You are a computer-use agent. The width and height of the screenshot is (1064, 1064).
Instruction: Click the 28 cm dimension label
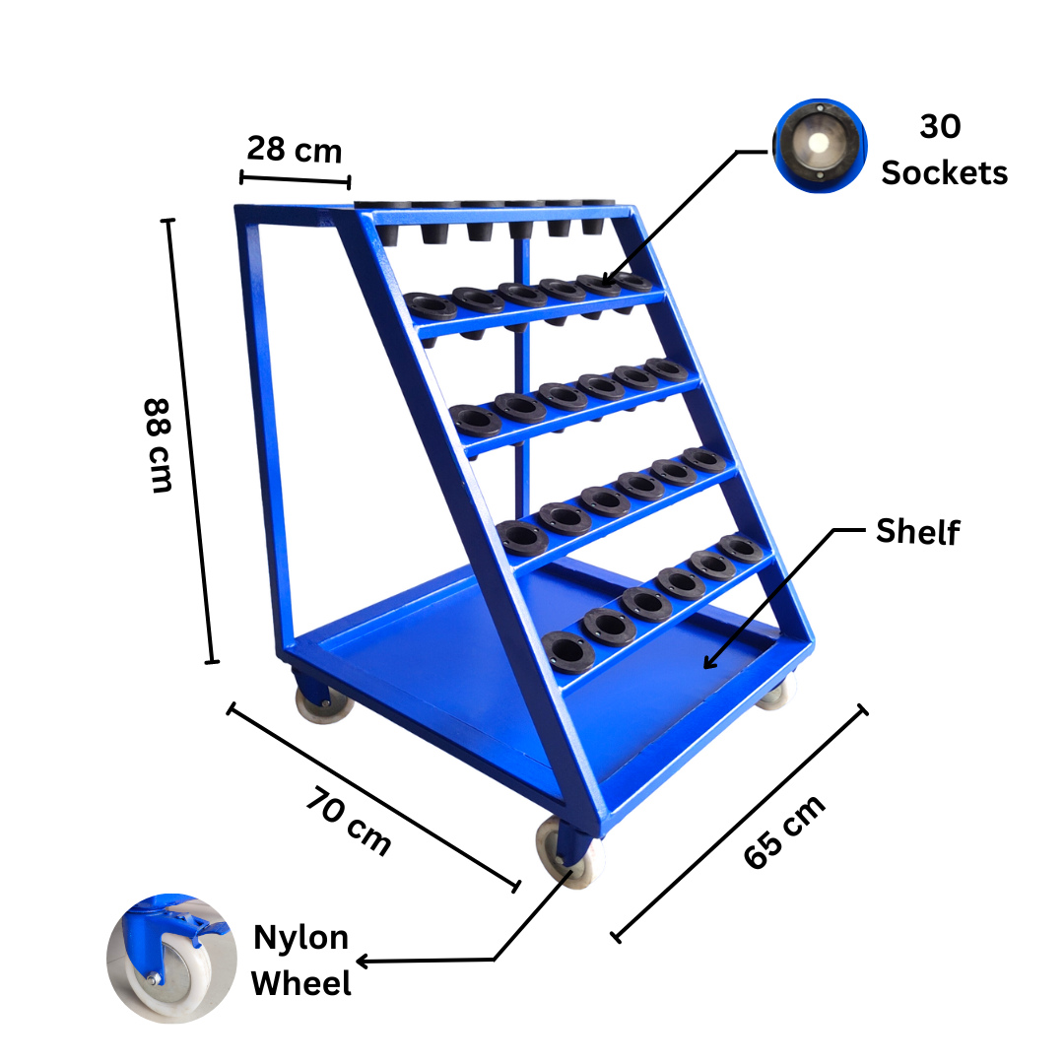[294, 150]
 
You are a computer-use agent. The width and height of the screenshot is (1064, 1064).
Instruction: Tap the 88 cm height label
[159, 445]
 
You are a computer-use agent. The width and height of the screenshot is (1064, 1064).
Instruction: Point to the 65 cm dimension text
[784, 832]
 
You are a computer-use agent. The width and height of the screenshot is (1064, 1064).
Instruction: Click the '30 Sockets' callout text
[943, 150]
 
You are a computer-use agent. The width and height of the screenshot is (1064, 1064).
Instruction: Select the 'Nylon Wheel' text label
[301, 960]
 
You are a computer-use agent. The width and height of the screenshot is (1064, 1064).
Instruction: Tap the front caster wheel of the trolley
[568, 853]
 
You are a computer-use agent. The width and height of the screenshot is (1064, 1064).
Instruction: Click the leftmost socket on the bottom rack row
[565, 650]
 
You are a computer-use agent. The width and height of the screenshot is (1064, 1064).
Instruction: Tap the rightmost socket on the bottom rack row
[736, 547]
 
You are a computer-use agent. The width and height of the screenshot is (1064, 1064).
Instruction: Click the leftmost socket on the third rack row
[477, 421]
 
